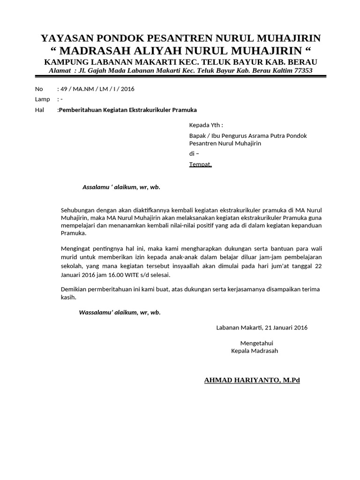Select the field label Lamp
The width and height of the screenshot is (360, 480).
click(x=42, y=99)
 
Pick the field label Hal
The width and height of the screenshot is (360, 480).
click(x=39, y=110)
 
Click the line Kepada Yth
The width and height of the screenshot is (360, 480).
click(x=206, y=125)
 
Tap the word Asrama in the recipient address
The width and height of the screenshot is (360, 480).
click(x=255, y=135)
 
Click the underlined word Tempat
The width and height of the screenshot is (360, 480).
click(x=200, y=164)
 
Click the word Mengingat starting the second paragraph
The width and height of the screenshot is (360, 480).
click(x=75, y=248)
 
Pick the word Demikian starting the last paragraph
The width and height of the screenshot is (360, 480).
click(x=74, y=289)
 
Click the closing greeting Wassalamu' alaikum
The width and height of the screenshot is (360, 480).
click(x=120, y=312)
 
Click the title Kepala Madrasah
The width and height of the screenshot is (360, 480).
click(x=255, y=351)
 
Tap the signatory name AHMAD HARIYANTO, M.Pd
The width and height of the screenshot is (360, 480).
click(x=252, y=380)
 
